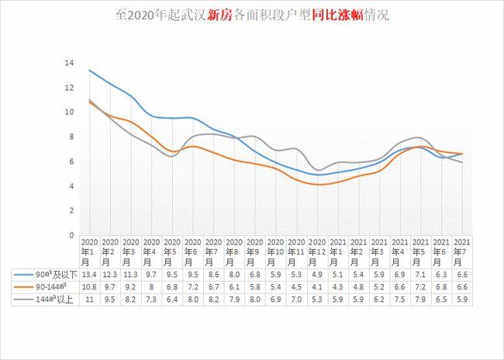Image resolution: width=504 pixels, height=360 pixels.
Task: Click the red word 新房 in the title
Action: (219, 15)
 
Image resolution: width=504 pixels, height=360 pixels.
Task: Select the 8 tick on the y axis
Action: (71, 137)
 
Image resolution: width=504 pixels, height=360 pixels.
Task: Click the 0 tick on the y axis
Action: (71, 235)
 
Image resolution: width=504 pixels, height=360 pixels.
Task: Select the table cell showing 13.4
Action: (88, 275)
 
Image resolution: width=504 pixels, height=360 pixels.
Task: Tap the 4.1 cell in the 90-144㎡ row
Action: (316, 287)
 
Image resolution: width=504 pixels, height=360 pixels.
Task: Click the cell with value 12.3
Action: (109, 275)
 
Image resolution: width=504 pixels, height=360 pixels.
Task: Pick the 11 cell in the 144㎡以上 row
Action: (88, 299)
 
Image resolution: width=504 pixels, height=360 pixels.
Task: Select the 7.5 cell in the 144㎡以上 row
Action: (399, 299)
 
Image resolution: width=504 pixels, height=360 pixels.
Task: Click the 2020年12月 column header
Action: (316, 252)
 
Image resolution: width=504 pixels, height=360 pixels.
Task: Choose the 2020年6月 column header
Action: (192, 252)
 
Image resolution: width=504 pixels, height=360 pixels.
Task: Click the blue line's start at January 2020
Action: (88, 70)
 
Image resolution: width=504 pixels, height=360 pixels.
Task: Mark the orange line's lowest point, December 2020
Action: (316, 185)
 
